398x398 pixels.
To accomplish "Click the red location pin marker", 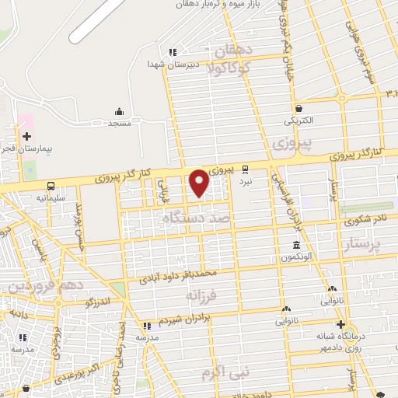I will pyautogui.click(x=200, y=183).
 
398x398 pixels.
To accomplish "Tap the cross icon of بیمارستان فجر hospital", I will pyautogui.click(x=28, y=137).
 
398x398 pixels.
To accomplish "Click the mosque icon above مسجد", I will pyautogui.click(x=119, y=111).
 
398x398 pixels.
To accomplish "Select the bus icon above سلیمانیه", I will pyautogui.click(x=51, y=187).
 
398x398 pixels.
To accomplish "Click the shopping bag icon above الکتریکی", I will pyautogui.click(x=298, y=109).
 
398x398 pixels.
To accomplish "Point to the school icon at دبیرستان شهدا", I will pyautogui.click(x=174, y=52).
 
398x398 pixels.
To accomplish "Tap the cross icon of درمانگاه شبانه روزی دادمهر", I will pyautogui.click(x=339, y=325).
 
